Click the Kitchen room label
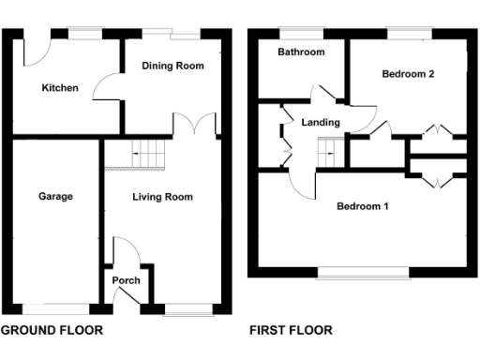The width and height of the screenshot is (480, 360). [x=59, y=88]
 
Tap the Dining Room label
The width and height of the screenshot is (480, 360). [x=172, y=66]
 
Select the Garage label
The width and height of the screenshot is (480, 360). [x=55, y=196]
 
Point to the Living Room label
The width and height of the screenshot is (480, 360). [x=162, y=197]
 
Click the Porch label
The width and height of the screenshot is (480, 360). [x=127, y=280]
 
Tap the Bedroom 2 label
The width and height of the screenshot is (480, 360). [x=408, y=73]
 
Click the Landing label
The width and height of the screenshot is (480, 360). [x=321, y=123]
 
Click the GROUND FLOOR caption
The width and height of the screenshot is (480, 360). [x=52, y=331]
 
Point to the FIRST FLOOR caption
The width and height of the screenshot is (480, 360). [x=290, y=331]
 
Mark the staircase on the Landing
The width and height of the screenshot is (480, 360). [x=329, y=151]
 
